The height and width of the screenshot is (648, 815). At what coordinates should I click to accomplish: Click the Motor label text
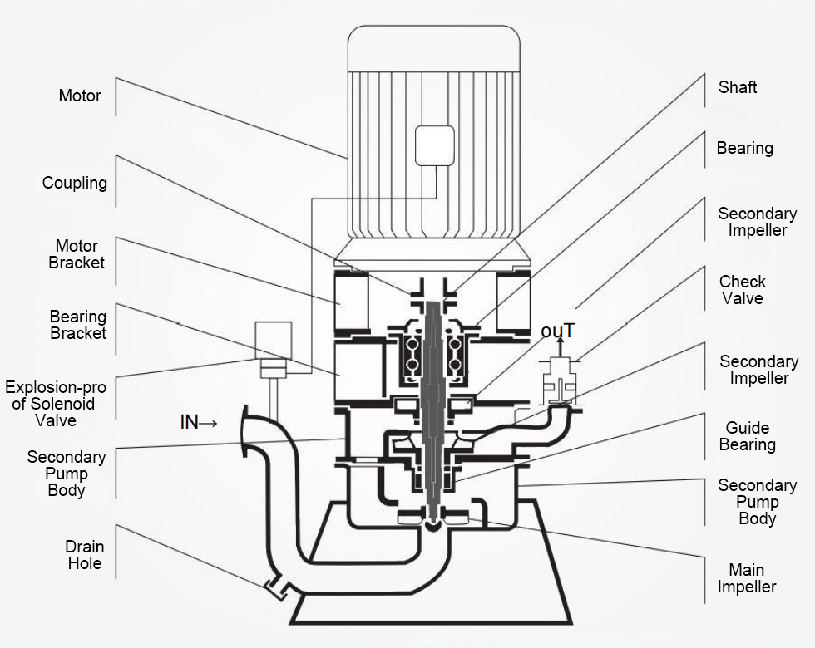[x=80, y=96]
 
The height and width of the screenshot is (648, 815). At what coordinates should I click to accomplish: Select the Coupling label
[x=75, y=183]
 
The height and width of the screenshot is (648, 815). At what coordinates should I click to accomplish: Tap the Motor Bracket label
[x=77, y=254]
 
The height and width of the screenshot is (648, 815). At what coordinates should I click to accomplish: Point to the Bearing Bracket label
[x=78, y=325]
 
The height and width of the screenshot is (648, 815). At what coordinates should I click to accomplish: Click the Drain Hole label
[x=85, y=555]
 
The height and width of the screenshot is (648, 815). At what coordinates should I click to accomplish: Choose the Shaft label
[x=738, y=87]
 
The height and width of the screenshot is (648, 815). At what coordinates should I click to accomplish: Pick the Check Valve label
[x=743, y=290]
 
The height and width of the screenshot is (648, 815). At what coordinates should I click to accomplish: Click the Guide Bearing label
[x=748, y=436]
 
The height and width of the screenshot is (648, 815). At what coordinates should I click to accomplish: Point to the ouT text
[x=557, y=331]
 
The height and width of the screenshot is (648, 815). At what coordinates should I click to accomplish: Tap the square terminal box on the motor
[x=434, y=145]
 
